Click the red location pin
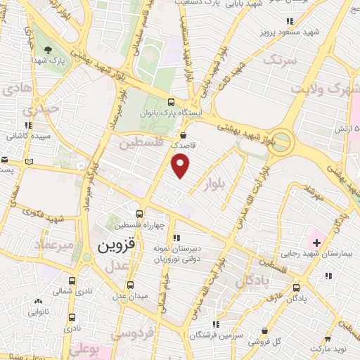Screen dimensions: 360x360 point(181,165)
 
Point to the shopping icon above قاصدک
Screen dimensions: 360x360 point(184,136)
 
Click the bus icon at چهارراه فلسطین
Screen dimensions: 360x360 point(139,214)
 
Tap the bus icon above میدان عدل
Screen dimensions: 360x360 point(130,285)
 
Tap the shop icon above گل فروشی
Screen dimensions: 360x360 point(263,330)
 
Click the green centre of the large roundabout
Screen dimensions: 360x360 point(283,138)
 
